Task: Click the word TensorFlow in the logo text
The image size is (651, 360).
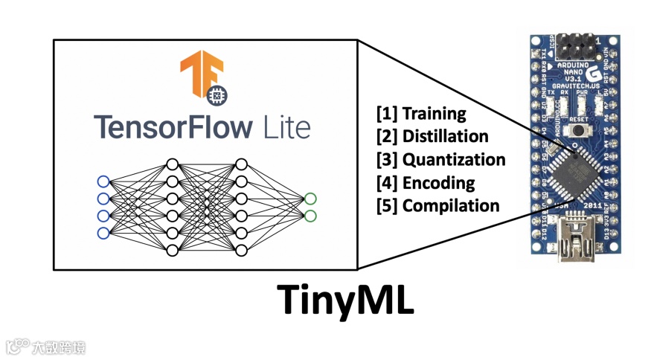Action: click(x=172, y=127)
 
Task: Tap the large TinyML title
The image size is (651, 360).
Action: click(x=346, y=299)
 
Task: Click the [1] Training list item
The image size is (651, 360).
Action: click(x=421, y=114)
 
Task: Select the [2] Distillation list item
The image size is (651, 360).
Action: click(x=432, y=137)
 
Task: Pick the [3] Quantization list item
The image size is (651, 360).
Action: click(x=440, y=160)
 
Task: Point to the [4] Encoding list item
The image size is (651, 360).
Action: click(x=426, y=183)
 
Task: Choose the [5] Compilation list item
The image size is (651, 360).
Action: click(x=438, y=206)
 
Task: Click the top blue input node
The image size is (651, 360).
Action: click(x=103, y=181)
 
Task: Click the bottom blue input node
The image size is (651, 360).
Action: click(x=103, y=234)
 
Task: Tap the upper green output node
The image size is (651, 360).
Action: click(x=310, y=199)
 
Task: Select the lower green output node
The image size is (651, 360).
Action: click(x=310, y=216)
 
